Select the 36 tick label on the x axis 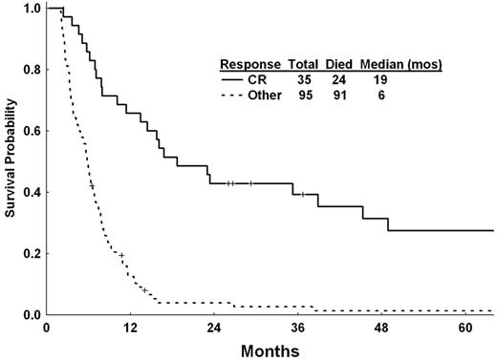pyautogui.click(x=296, y=326)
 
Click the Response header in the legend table pyautogui.click(x=249, y=64)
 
